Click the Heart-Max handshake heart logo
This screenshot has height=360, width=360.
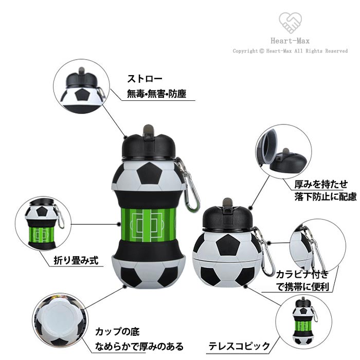point(290,23)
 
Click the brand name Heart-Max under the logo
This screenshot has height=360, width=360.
point(290,41)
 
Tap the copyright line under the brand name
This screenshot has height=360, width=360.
point(290,51)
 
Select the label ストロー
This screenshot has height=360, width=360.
point(145,79)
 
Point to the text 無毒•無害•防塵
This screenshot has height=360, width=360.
point(156,94)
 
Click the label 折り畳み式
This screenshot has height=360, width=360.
point(76,260)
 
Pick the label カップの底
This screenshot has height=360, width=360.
point(117,332)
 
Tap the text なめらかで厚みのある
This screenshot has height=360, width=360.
point(139,346)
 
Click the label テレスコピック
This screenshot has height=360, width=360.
point(239,346)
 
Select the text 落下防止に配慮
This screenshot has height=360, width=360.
point(326,197)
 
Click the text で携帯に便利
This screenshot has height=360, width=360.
point(302,287)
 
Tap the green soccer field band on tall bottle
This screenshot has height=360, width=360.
point(148,225)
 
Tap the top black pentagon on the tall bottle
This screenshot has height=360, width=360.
point(149,173)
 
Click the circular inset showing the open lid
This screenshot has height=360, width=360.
point(283,152)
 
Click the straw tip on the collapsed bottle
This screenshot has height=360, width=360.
point(227,202)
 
